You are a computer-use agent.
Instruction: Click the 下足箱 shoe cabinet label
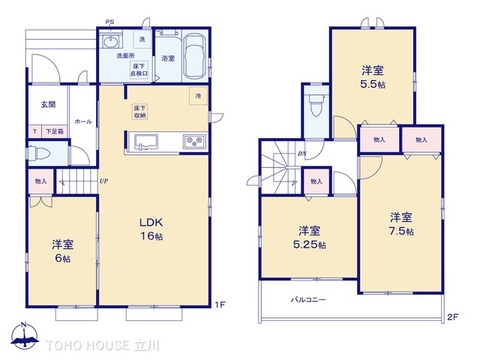click(x=53, y=131)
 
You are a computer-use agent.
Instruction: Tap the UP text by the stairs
click(x=103, y=180)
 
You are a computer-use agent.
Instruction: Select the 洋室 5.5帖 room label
click(x=373, y=76)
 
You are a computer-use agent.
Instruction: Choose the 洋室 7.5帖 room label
click(x=400, y=223)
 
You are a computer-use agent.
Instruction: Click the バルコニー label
click(x=308, y=298)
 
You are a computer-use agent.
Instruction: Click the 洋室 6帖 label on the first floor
click(x=64, y=250)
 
